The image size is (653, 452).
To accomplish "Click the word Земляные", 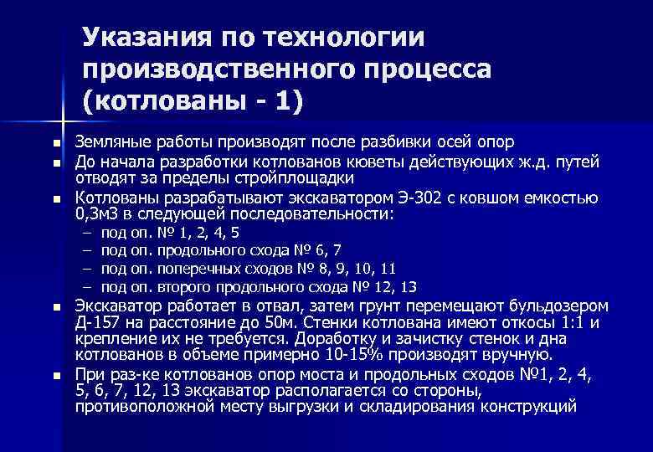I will click(112, 141).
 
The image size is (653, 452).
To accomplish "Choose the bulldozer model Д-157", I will click(98, 323).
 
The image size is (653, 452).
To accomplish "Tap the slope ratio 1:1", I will click(567, 323).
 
